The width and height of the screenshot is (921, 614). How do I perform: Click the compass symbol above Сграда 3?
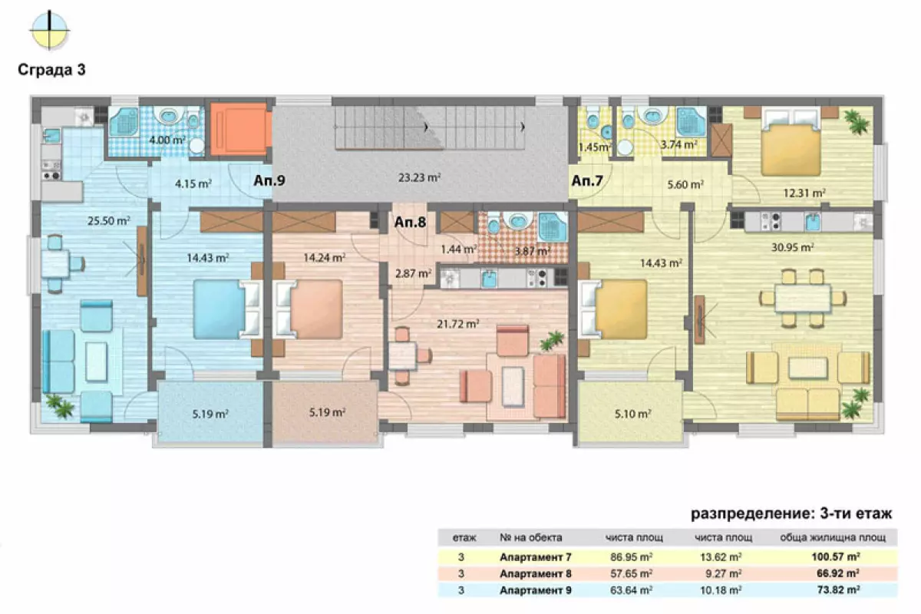click(49, 30)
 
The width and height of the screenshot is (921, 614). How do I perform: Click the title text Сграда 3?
click(52, 70)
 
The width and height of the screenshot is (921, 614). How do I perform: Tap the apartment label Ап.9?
click(269, 180)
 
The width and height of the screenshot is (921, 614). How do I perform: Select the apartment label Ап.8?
click(410, 222)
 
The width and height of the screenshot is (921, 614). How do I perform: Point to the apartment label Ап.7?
click(587, 180)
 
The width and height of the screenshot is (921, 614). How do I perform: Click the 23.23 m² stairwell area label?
click(419, 177)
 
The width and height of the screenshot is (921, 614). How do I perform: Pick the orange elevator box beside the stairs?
click(240, 129)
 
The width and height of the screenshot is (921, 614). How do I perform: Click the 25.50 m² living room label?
click(108, 220)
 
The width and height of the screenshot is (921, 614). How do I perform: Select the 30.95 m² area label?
click(793, 247)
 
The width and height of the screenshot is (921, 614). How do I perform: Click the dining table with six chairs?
click(803, 298)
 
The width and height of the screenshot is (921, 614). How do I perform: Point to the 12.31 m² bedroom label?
click(804, 193)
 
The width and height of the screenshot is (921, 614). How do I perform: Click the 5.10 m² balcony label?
click(632, 414)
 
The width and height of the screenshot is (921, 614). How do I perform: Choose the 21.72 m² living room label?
click(457, 324)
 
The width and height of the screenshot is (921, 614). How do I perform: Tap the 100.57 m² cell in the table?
click(836, 557)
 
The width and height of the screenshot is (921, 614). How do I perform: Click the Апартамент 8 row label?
click(536, 573)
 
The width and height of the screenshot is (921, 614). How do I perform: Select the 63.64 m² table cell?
click(631, 590)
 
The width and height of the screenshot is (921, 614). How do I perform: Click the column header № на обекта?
click(531, 537)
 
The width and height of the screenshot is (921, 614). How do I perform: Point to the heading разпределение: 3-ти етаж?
click(791, 513)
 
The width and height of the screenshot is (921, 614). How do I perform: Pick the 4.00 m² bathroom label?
click(167, 140)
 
